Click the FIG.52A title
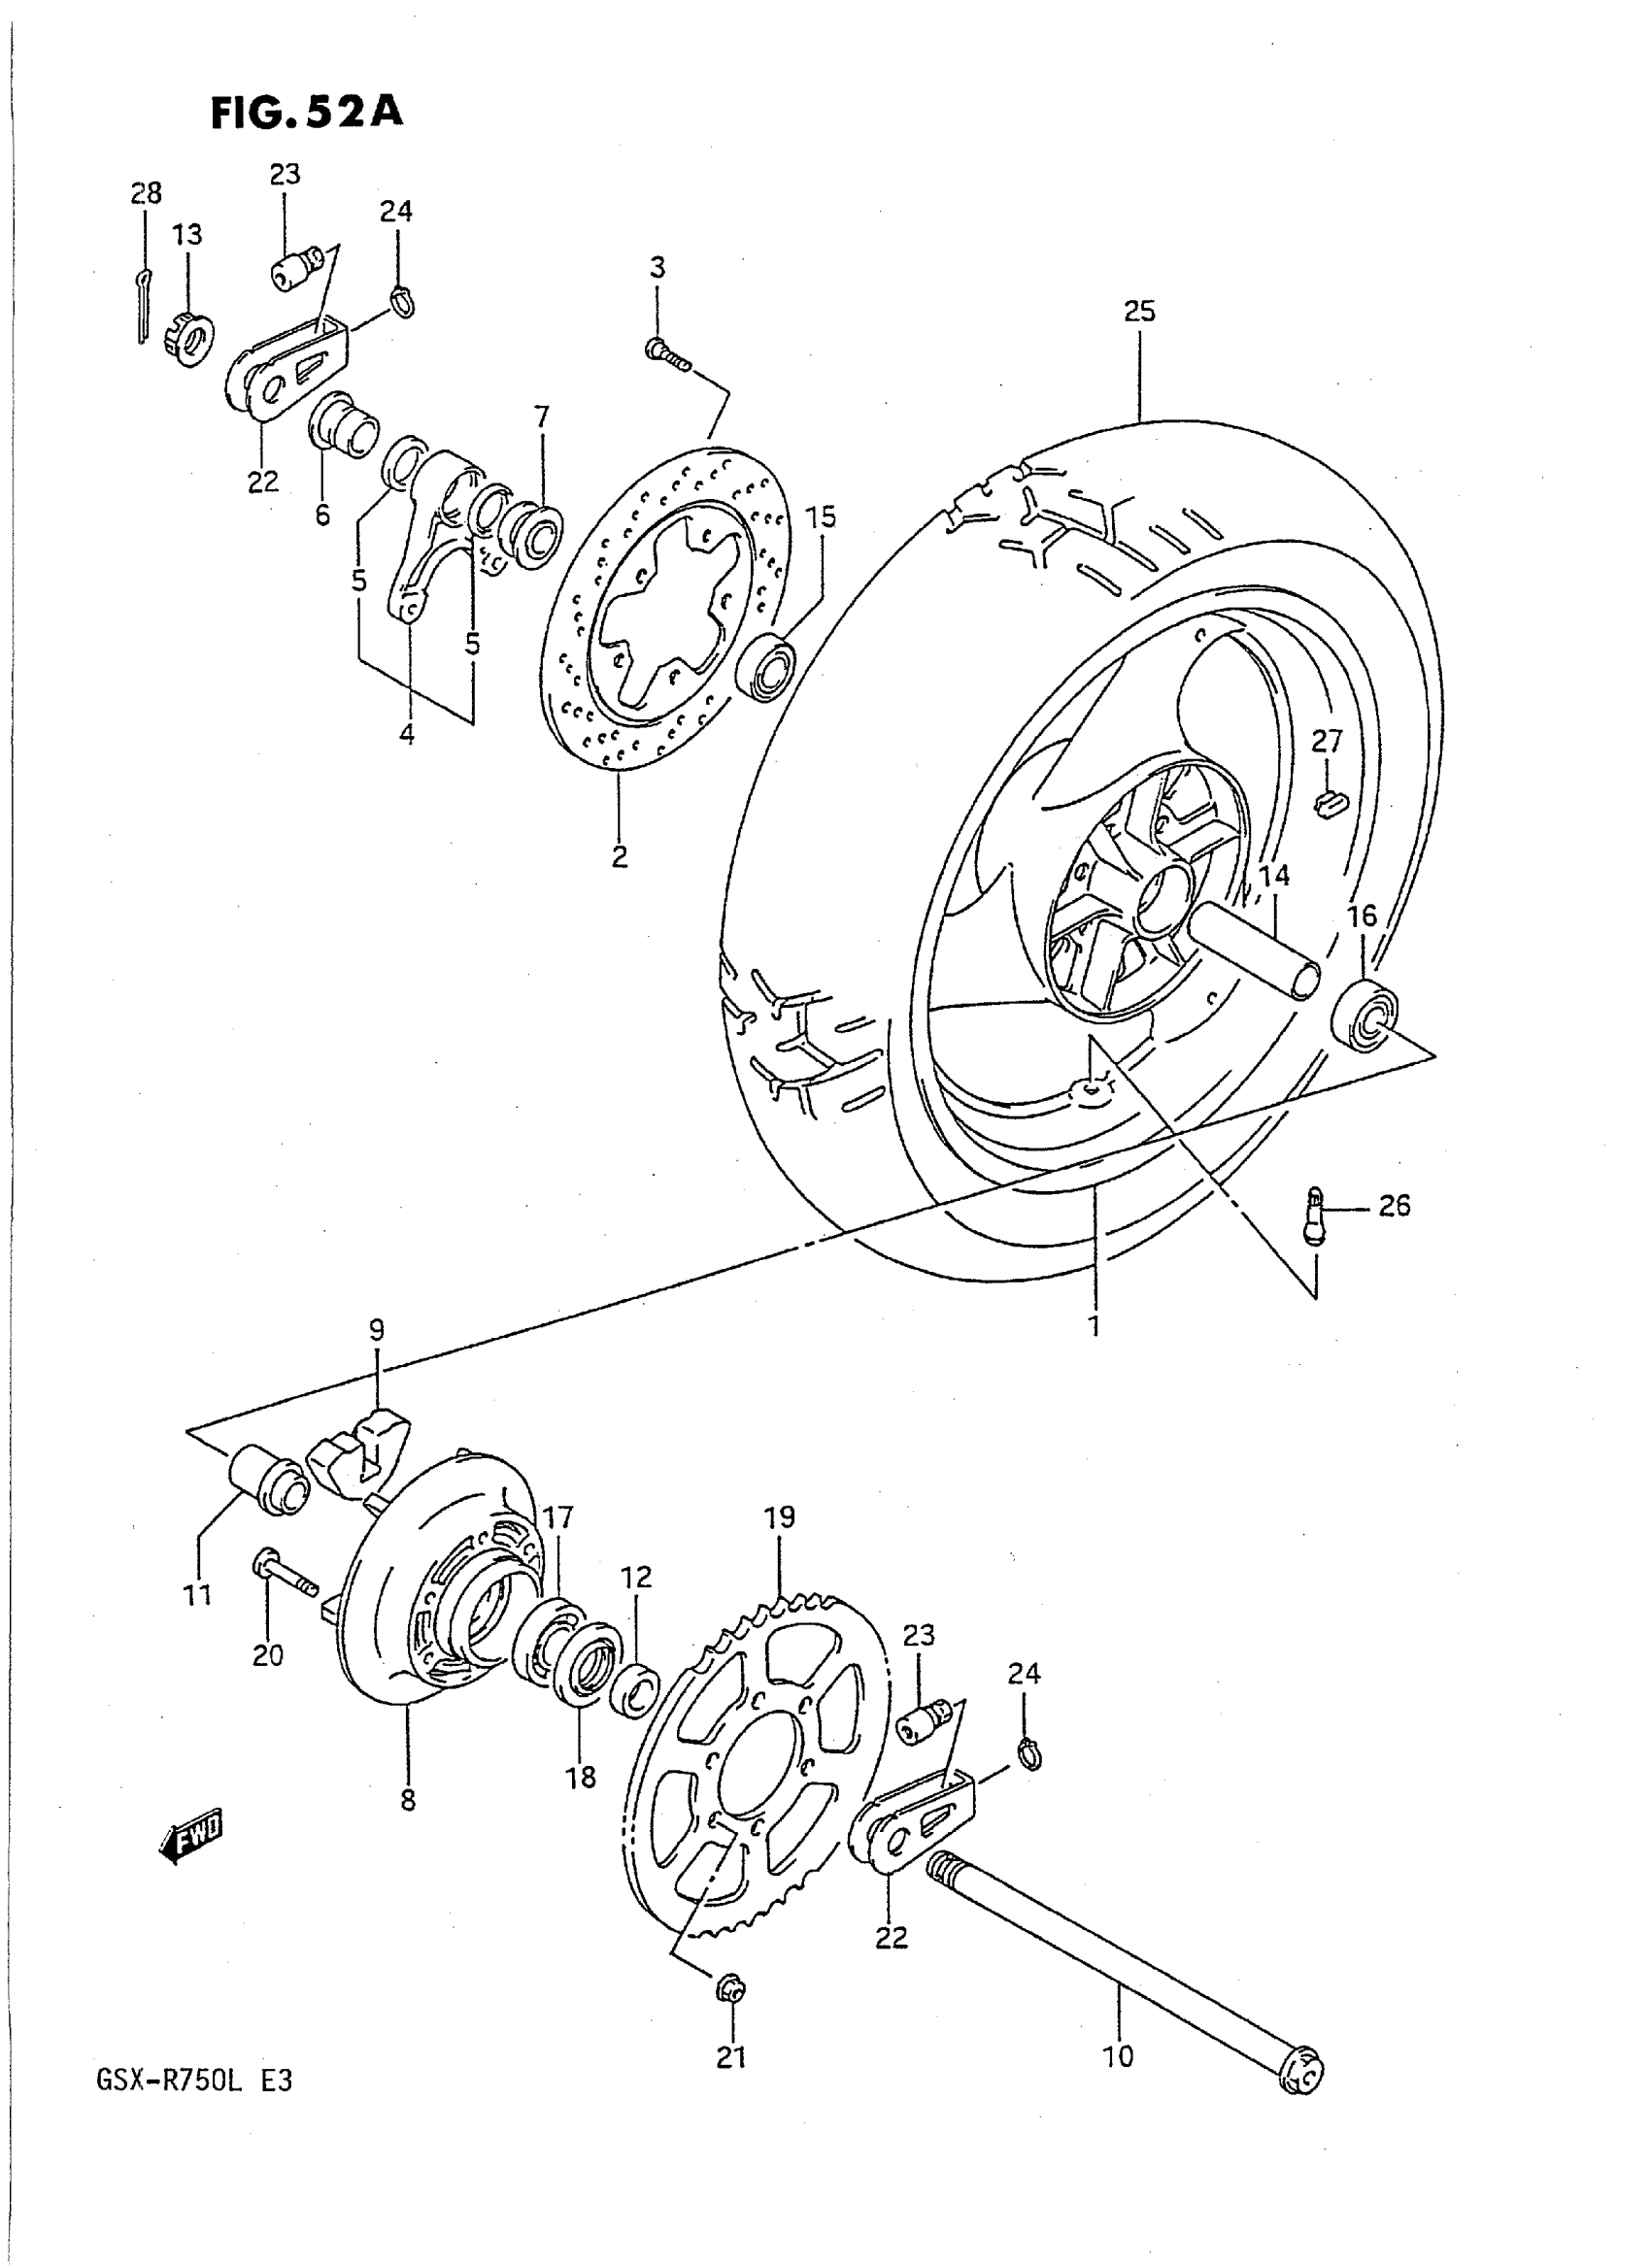[307, 112]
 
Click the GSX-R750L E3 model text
[194, 2081]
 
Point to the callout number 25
[1138, 312]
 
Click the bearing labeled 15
[767, 665]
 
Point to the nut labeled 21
[730, 1991]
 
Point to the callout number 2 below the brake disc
[620, 856]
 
